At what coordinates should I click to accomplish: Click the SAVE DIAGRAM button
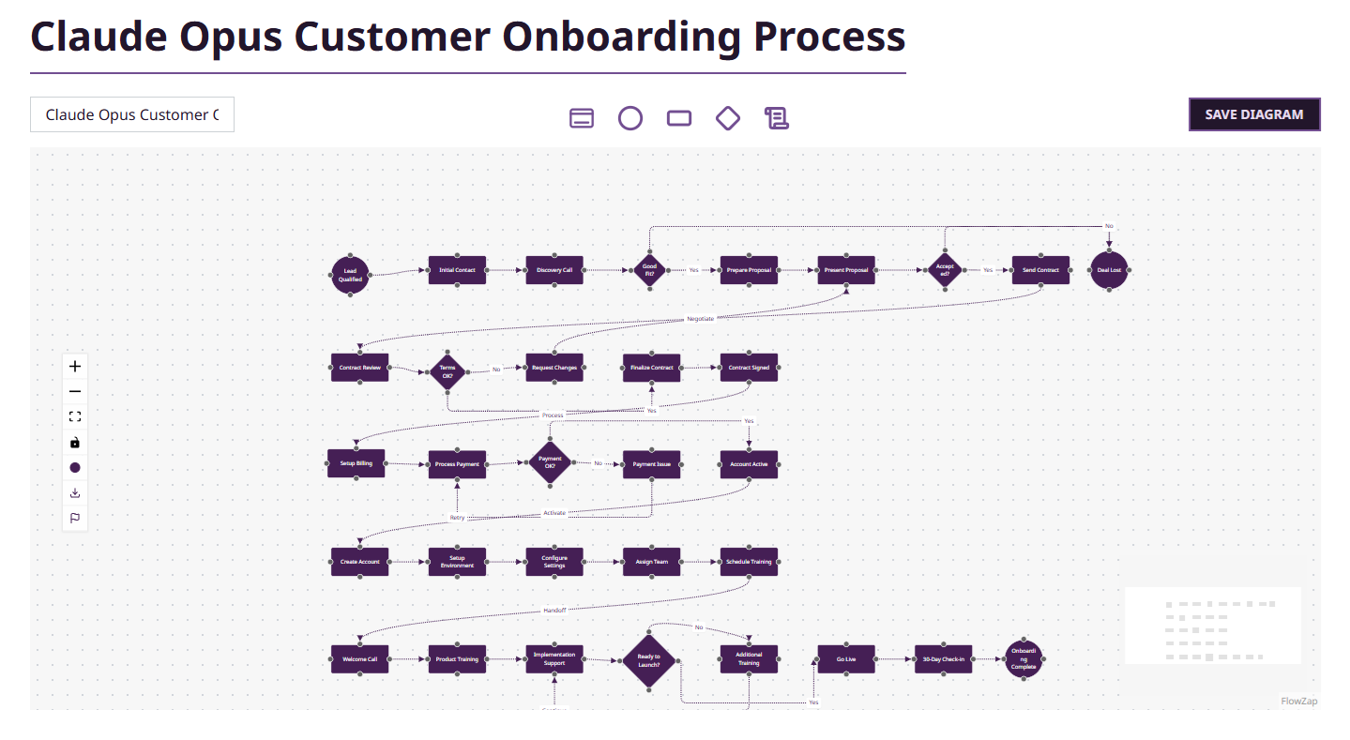point(1253,114)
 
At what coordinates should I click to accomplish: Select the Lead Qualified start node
point(350,275)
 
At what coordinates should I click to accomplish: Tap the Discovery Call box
point(554,270)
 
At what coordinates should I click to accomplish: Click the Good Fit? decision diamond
point(649,270)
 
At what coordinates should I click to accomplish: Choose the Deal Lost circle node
point(1109,270)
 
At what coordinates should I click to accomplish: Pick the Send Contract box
point(1040,270)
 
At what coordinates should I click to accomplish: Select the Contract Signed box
point(749,368)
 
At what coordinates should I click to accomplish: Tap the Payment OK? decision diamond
point(550,463)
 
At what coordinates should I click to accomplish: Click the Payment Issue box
point(652,464)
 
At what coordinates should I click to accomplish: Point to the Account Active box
point(749,464)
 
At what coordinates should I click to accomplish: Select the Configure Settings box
point(554,562)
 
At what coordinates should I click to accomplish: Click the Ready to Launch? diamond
point(649,660)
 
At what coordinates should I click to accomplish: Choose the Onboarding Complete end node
point(1024,659)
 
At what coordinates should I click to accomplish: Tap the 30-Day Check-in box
point(943,659)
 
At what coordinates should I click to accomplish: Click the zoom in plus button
point(75,367)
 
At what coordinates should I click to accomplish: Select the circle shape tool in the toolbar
point(630,118)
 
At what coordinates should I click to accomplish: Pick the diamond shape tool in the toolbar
point(728,118)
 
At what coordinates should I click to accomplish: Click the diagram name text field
point(132,114)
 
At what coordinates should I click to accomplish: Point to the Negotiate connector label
point(700,319)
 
